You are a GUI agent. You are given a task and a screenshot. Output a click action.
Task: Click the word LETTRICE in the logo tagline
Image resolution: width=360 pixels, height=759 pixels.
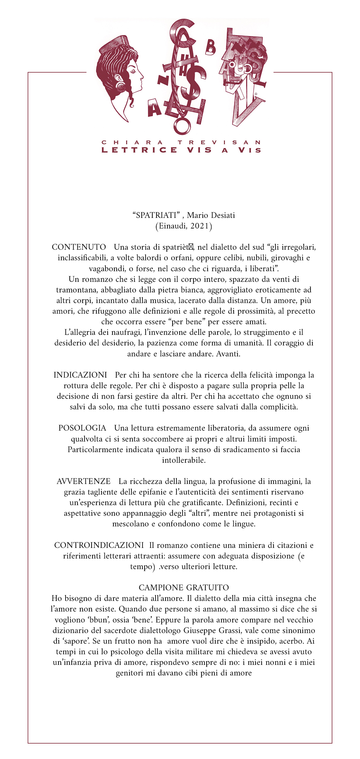(139, 150)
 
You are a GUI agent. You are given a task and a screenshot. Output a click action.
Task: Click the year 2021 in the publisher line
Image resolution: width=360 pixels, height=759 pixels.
(200, 226)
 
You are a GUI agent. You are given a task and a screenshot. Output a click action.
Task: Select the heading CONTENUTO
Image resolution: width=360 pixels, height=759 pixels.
(79, 247)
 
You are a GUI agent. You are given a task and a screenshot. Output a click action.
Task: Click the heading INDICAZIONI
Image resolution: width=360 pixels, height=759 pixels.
(80, 375)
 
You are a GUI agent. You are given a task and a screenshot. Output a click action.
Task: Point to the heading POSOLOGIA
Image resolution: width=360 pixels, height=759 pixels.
(82, 428)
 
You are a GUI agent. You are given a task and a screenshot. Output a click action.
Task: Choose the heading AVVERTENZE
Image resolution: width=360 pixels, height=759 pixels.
(83, 481)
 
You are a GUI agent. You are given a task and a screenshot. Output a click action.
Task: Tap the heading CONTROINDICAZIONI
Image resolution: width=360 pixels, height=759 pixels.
(99, 545)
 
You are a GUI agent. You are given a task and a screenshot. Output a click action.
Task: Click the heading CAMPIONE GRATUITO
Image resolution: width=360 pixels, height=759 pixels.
(184, 588)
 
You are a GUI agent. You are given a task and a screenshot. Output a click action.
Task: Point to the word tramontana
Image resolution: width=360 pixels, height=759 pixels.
(77, 290)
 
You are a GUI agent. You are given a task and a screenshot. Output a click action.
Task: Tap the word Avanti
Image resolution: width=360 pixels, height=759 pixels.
(228, 354)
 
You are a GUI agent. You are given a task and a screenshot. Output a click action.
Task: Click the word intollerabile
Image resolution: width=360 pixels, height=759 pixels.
(184, 460)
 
